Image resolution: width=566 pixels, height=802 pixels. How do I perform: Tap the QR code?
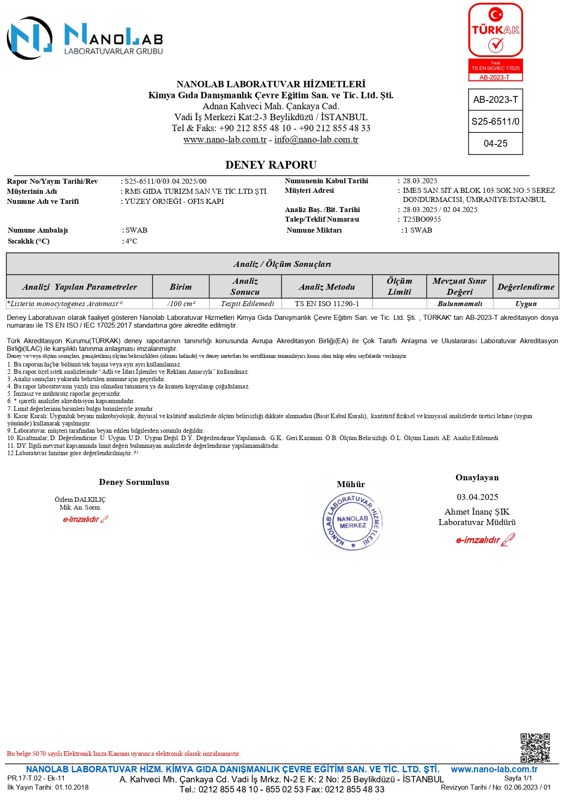(535, 748)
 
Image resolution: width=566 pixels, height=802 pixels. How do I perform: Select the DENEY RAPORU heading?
(271, 165)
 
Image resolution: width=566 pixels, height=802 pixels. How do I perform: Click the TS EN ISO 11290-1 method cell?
(327, 304)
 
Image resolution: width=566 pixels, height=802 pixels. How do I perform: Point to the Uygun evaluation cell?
(526, 304)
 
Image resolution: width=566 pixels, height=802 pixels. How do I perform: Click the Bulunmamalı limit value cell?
(460, 304)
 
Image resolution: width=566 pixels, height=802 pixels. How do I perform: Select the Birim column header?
(181, 287)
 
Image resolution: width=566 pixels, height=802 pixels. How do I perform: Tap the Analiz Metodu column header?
(327, 287)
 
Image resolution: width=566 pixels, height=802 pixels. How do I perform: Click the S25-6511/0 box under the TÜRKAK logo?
(495, 122)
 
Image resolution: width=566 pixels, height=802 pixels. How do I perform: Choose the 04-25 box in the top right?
(495, 143)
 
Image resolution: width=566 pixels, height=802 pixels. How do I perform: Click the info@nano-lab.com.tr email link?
(316, 140)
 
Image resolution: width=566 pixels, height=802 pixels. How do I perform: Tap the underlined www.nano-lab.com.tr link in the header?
(225, 140)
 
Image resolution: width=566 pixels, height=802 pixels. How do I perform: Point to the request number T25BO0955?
(422, 219)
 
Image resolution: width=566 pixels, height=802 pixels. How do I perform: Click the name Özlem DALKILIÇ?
(80, 499)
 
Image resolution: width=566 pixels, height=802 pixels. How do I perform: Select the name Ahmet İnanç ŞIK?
(477, 512)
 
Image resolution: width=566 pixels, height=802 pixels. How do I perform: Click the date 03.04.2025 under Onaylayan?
(477, 497)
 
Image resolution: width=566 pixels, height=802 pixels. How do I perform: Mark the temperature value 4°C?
(131, 241)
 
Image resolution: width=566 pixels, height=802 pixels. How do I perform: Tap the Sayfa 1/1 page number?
(518, 778)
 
